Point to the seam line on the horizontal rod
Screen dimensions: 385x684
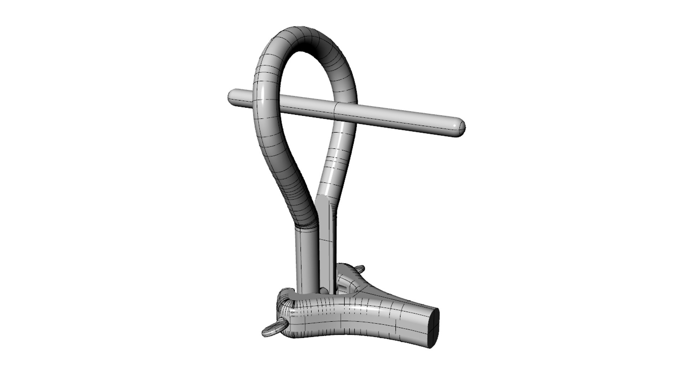point(337,112)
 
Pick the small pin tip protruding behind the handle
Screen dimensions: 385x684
point(361,268)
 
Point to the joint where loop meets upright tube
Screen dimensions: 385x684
point(306,225)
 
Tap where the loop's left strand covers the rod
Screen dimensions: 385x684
point(266,102)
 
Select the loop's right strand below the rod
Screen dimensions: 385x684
point(337,160)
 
